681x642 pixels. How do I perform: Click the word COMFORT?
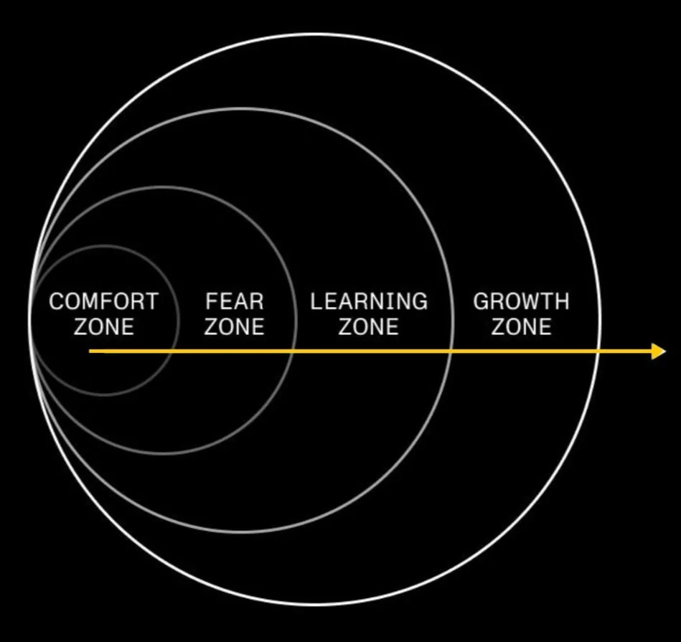tap(103, 301)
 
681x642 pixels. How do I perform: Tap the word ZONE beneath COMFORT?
tap(103, 327)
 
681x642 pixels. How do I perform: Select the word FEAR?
tap(234, 301)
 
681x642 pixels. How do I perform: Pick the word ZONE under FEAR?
tap(234, 327)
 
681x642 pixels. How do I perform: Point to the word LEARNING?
tap(368, 301)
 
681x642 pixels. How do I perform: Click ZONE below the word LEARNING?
tap(368, 327)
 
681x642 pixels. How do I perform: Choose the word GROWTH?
tap(521, 301)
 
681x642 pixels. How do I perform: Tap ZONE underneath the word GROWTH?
tap(521, 327)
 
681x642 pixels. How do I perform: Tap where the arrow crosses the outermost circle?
tap(598, 351)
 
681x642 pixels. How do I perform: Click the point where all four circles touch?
tap(30, 320)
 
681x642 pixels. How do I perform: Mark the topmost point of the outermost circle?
tap(314, 34)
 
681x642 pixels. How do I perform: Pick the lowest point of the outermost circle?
tap(314, 604)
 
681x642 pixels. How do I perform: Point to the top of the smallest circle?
tap(104, 246)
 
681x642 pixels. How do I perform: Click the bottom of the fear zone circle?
tap(162, 453)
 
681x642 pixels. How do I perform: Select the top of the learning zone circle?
tap(242, 108)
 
